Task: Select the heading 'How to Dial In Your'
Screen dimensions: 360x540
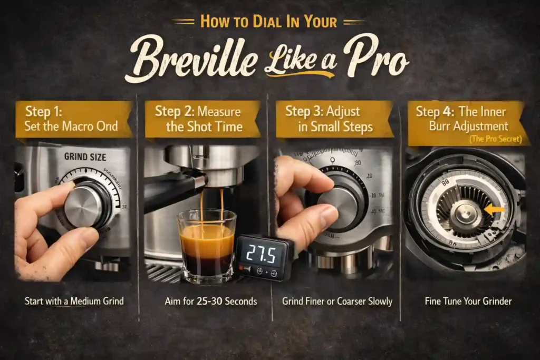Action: click(269, 22)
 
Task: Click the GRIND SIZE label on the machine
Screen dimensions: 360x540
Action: click(85, 157)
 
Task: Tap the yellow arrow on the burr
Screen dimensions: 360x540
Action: click(494, 210)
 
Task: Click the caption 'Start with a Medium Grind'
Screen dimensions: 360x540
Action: click(74, 301)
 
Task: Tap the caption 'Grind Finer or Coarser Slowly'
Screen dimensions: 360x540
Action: click(337, 301)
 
